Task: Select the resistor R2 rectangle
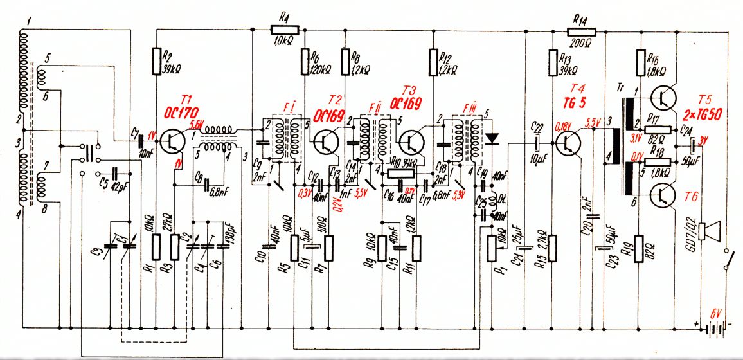tap(156, 61)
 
